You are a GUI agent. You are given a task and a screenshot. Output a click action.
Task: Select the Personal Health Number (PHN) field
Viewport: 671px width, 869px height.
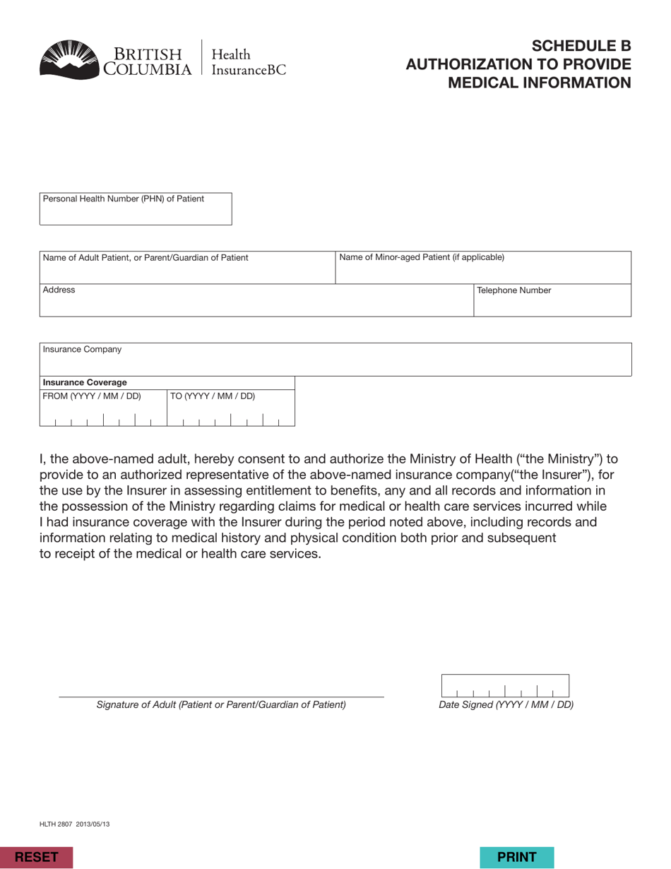(135, 214)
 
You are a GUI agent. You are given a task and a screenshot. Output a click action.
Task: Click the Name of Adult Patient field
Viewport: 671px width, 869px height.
(186, 273)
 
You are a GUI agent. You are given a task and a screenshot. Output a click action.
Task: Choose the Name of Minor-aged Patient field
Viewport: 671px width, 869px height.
(482, 273)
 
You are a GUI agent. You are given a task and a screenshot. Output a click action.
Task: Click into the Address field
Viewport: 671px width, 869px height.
(256, 305)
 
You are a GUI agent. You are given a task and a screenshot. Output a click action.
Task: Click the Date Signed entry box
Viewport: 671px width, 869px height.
(505, 686)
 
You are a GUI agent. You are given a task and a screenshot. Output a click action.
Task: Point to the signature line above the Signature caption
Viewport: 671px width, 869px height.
(221, 697)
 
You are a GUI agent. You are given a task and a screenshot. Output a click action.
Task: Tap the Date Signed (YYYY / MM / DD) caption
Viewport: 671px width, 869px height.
(506, 705)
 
